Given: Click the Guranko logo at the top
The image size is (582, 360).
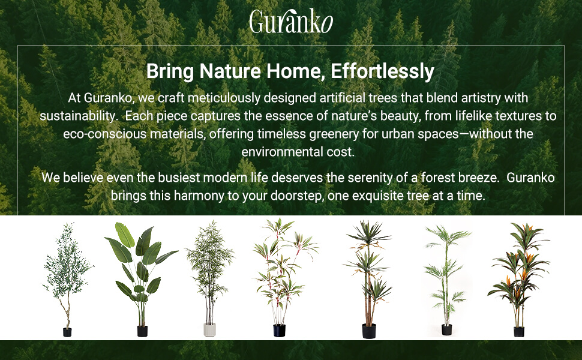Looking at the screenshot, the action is [x=291, y=22].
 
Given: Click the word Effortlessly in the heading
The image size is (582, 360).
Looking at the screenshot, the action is [x=382, y=71].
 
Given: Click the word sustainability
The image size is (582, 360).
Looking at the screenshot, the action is [x=79, y=116].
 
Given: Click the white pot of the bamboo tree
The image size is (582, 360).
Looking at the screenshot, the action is [x=210, y=329].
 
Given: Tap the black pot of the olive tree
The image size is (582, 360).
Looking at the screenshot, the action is [x=67, y=332].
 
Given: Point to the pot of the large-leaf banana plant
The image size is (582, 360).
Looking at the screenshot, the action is [x=142, y=331].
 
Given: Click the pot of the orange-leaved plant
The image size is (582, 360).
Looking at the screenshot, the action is [x=519, y=331].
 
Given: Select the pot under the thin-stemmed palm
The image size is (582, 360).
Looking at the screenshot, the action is [x=447, y=329].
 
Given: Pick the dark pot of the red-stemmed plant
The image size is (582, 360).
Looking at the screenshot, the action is [x=280, y=331].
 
